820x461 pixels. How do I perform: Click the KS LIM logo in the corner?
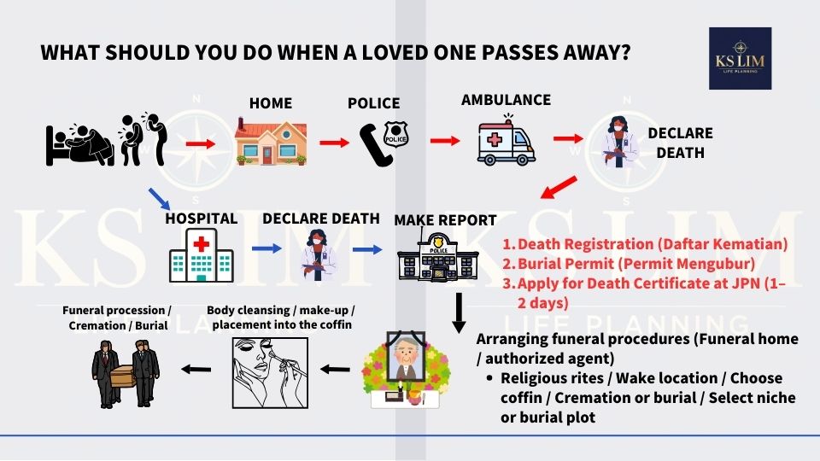(x=740, y=58)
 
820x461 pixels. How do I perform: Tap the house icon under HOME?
(x=270, y=141)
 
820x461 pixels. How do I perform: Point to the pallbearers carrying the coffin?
(x=126, y=372)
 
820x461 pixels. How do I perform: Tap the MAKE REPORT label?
(x=445, y=220)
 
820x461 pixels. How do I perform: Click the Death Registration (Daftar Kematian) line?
(x=645, y=243)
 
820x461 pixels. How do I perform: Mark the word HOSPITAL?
(x=202, y=219)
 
